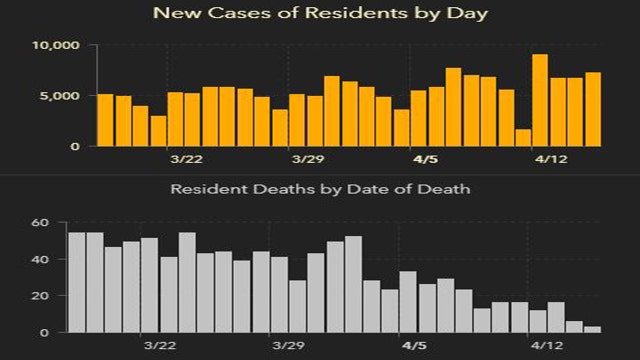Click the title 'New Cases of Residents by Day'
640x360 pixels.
319,14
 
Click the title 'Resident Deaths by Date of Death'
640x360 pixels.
319,188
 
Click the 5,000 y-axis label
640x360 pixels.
60,96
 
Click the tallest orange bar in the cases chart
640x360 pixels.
540,100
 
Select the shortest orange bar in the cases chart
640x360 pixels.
522,138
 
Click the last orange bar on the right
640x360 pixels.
593,109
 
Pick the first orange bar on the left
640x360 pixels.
105,120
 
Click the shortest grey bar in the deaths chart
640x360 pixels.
593,329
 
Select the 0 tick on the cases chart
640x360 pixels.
76,146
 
